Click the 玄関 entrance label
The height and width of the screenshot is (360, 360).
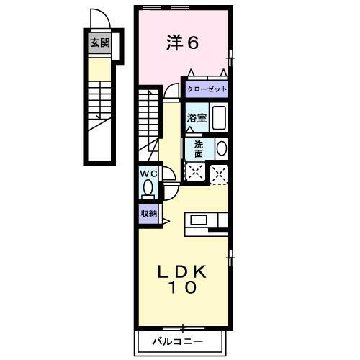click(99, 42)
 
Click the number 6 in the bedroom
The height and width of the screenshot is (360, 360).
click(193, 42)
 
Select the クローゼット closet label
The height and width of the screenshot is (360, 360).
click(207, 89)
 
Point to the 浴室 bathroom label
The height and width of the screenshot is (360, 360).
click(197, 118)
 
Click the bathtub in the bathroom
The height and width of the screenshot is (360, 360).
click(219, 118)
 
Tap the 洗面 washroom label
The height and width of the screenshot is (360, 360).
click(199, 148)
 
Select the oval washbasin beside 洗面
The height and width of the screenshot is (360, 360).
click(221, 148)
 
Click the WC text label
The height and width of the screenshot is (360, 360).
click(148, 174)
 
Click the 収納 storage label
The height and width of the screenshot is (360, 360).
click(148, 213)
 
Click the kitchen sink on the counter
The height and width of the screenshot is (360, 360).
click(199, 220)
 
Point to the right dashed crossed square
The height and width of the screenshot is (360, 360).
click(219, 173)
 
